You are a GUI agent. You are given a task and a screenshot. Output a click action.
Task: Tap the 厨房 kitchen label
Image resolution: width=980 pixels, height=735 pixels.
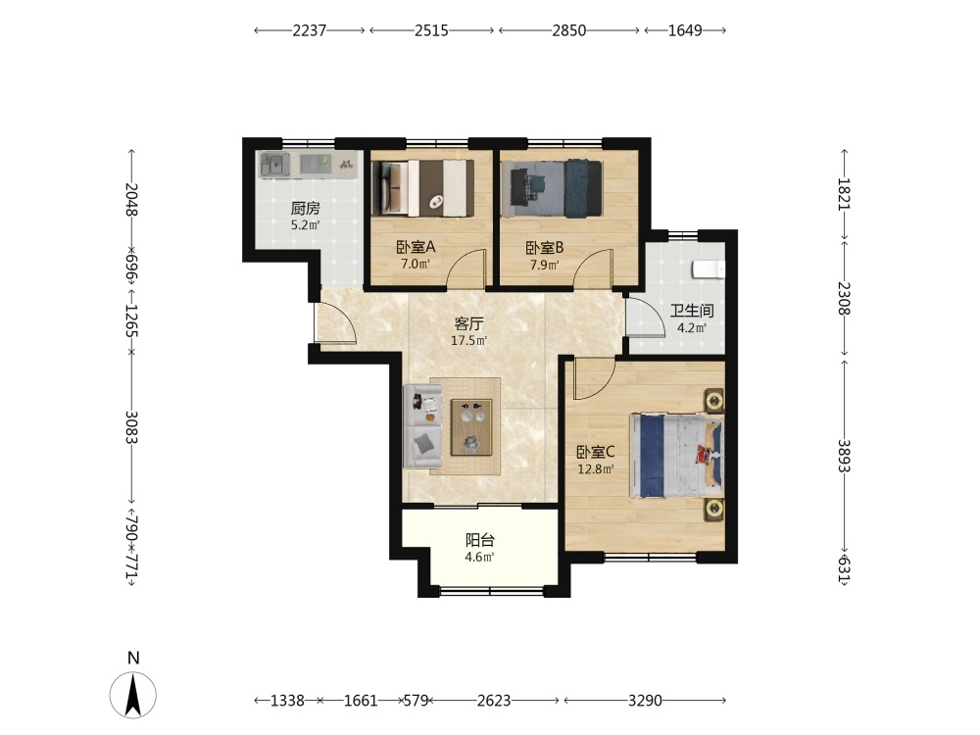coord(305,208)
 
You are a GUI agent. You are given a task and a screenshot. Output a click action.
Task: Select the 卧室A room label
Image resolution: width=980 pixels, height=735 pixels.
coord(416,248)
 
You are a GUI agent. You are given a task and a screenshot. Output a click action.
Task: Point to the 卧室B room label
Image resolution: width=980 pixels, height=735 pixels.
coord(544,248)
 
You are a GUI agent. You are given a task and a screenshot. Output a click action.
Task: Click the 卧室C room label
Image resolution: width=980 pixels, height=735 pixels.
coord(596,452)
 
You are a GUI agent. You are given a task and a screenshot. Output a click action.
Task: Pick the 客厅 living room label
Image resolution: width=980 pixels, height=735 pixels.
coord(468,323)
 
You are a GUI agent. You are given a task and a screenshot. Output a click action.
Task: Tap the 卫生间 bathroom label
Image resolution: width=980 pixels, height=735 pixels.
coord(692,311)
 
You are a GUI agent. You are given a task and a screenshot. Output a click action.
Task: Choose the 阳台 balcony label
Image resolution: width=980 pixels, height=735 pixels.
coord(480,540)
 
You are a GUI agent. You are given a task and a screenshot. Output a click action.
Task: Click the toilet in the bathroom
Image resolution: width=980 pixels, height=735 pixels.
coord(709,269)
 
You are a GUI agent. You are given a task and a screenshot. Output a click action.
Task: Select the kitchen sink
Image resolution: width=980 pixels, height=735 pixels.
coord(274,166)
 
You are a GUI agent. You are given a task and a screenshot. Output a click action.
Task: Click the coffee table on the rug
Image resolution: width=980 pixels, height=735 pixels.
coord(471,427)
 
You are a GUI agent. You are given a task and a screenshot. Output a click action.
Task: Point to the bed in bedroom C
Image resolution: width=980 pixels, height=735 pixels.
coord(677,455)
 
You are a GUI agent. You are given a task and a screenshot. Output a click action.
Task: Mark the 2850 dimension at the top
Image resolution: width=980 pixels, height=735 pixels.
coord(568,30)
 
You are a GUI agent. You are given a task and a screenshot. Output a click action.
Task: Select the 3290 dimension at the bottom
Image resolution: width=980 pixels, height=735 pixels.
coord(645,701)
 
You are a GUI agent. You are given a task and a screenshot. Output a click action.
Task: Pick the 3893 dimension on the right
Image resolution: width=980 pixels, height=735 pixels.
coord(845,457)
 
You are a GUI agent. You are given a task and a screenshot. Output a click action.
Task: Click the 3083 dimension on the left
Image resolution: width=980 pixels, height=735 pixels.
coord(131,427)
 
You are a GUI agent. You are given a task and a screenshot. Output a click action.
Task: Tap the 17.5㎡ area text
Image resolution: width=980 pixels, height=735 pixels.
coord(468,341)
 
